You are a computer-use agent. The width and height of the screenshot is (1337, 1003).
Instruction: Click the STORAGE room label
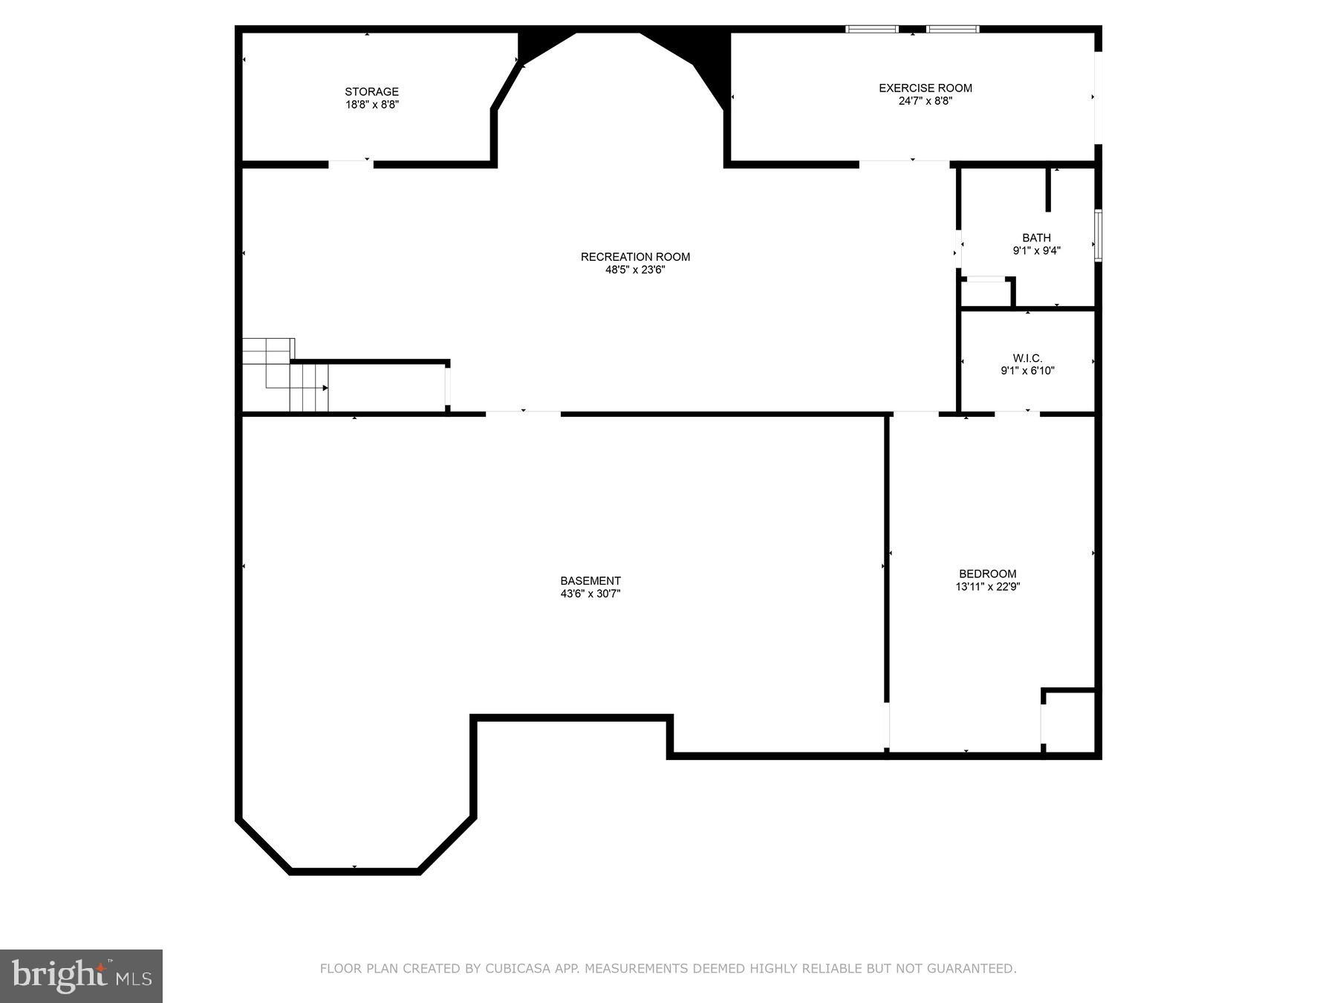pos(371,92)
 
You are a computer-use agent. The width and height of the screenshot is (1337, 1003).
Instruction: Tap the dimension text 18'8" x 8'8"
pos(371,105)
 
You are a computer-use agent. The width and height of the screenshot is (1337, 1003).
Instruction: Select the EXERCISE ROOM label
pos(925,88)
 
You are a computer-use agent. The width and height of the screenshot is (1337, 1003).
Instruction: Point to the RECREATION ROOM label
pos(635,257)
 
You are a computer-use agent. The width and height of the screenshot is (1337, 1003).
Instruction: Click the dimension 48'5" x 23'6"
pos(635,270)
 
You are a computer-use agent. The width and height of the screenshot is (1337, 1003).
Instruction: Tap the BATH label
pos(1036,238)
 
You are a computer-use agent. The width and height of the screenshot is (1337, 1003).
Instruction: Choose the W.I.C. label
pos(1027,358)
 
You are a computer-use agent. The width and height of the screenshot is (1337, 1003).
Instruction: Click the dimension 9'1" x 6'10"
pos(1027,371)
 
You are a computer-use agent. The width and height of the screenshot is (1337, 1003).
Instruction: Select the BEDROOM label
pos(987,574)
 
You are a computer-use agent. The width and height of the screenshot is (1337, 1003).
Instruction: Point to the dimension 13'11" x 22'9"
pos(987,586)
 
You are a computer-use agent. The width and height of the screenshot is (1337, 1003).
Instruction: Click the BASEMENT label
pos(591,581)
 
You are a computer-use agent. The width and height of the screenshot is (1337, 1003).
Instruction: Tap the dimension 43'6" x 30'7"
pos(591,594)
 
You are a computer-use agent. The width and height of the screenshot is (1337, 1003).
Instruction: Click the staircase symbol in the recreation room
pos(286,375)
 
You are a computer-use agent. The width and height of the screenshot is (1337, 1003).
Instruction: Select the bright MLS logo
pos(81,976)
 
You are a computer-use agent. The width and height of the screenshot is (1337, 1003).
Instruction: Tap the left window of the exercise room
pos(872,30)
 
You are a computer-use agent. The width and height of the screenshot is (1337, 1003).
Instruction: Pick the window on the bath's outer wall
pos(1098,236)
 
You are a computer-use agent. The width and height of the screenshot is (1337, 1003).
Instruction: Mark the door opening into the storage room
pos(351,163)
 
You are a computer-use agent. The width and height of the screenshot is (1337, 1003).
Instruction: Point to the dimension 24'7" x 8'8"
pos(925,101)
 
